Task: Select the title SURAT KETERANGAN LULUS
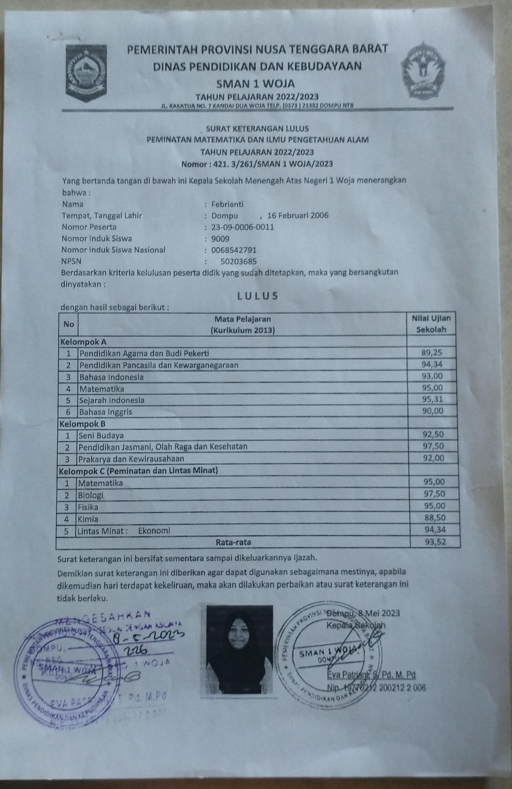click(257, 128)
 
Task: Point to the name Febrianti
click(227, 204)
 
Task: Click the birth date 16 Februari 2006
click(297, 215)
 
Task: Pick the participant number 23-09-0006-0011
click(243, 227)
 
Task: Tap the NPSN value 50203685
click(238, 262)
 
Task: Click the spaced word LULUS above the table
click(257, 296)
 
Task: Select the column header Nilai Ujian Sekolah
click(431, 324)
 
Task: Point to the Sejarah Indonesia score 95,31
click(432, 399)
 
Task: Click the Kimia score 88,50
click(435, 518)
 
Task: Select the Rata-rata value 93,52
click(435, 542)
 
